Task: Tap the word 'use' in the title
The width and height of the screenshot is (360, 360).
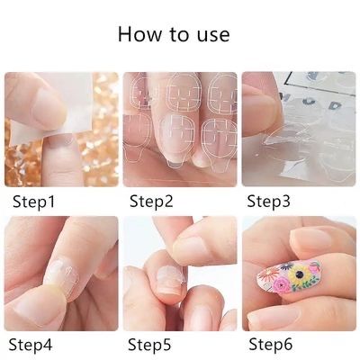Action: pyautogui.click(x=211, y=36)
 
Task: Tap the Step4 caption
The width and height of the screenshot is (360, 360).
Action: pyautogui.click(x=33, y=343)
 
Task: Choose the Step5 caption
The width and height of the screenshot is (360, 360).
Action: pyautogui.click(x=150, y=343)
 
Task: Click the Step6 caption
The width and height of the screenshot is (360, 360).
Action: pyautogui.click(x=271, y=343)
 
